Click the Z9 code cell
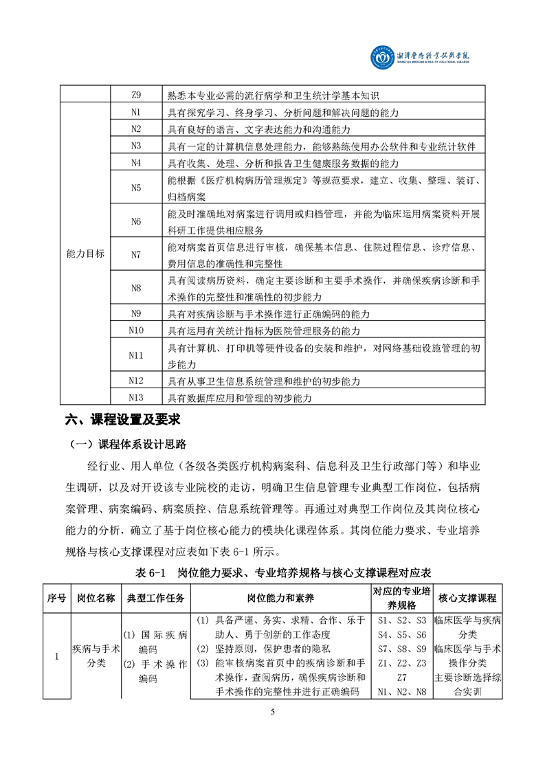[135, 95]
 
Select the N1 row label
[135, 112]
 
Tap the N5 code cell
[135, 187]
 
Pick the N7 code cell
[135, 254]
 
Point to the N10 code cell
[135, 331]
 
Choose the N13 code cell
[135, 397]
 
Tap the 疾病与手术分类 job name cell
[96, 655]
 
